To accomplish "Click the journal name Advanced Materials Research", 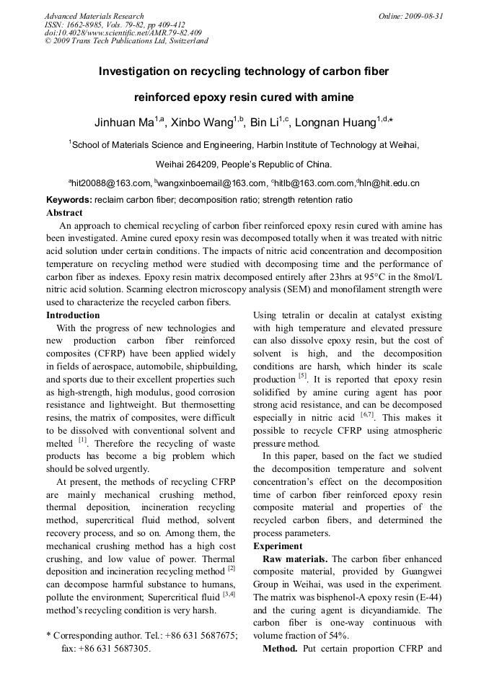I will click(x=94, y=16).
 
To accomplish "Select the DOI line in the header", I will click(x=123, y=32).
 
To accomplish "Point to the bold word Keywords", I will click(x=69, y=200).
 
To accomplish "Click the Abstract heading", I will click(x=64, y=213).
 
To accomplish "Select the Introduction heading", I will click(x=73, y=315).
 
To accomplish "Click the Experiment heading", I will click(x=278, y=546).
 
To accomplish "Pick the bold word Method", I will click(x=279, y=649).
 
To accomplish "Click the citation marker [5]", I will click(x=303, y=376).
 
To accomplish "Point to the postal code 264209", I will click(x=201, y=164).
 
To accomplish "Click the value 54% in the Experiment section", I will click(x=337, y=636).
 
